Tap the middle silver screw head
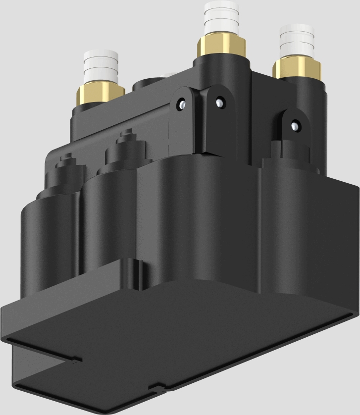218,103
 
